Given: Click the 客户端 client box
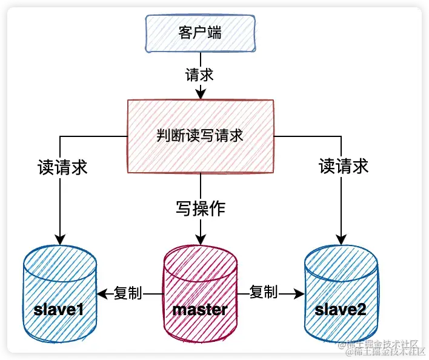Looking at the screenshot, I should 201,34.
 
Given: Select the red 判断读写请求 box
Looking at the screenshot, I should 200,136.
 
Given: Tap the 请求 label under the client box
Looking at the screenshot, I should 200,75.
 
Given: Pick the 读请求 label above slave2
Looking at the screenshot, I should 344,166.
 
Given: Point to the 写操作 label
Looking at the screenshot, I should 201,209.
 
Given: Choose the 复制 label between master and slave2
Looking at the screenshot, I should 264,292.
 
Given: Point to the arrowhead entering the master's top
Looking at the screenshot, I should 200,237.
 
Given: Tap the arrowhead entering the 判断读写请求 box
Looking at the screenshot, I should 200,95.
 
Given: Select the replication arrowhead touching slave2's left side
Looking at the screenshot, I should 299,294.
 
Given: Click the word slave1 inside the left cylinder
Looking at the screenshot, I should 59,310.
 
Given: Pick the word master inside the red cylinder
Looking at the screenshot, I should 200,310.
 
